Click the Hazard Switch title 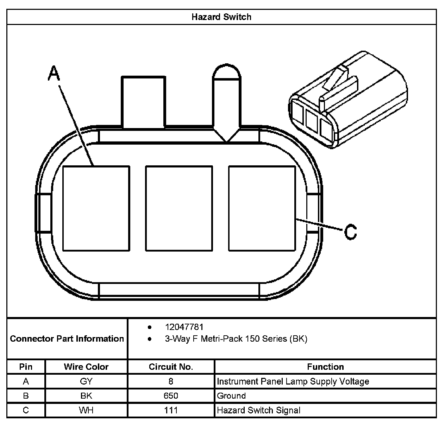(x=221, y=17)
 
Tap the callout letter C (x=350, y=232)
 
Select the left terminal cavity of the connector (x=96, y=208)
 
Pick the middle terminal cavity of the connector (x=179, y=208)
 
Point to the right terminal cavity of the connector (x=262, y=208)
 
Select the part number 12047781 (x=184, y=327)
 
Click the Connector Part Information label (x=67, y=339)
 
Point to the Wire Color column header (x=86, y=367)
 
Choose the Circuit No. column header (x=171, y=367)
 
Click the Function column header (x=325, y=367)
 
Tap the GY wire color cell (x=86, y=381)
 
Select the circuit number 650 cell (x=171, y=396)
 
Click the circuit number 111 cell (x=171, y=410)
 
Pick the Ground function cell (x=231, y=396)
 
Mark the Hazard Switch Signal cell (x=259, y=410)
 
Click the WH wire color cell (x=86, y=410)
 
